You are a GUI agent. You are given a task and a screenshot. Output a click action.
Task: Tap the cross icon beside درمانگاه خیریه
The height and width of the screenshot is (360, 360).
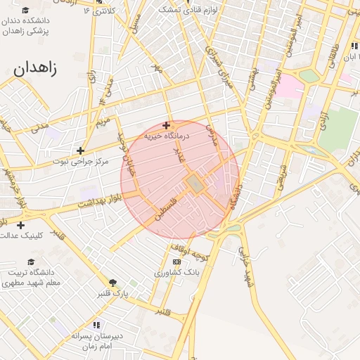(166, 125)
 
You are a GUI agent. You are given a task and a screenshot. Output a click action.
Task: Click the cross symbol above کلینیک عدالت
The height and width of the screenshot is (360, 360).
(20, 225)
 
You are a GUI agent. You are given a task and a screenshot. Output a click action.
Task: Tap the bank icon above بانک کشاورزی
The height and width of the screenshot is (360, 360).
(176, 262)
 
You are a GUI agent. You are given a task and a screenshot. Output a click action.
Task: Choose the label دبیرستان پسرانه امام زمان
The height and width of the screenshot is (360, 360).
(97, 341)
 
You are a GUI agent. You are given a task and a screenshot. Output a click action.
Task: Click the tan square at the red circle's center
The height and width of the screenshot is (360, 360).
(194, 184)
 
